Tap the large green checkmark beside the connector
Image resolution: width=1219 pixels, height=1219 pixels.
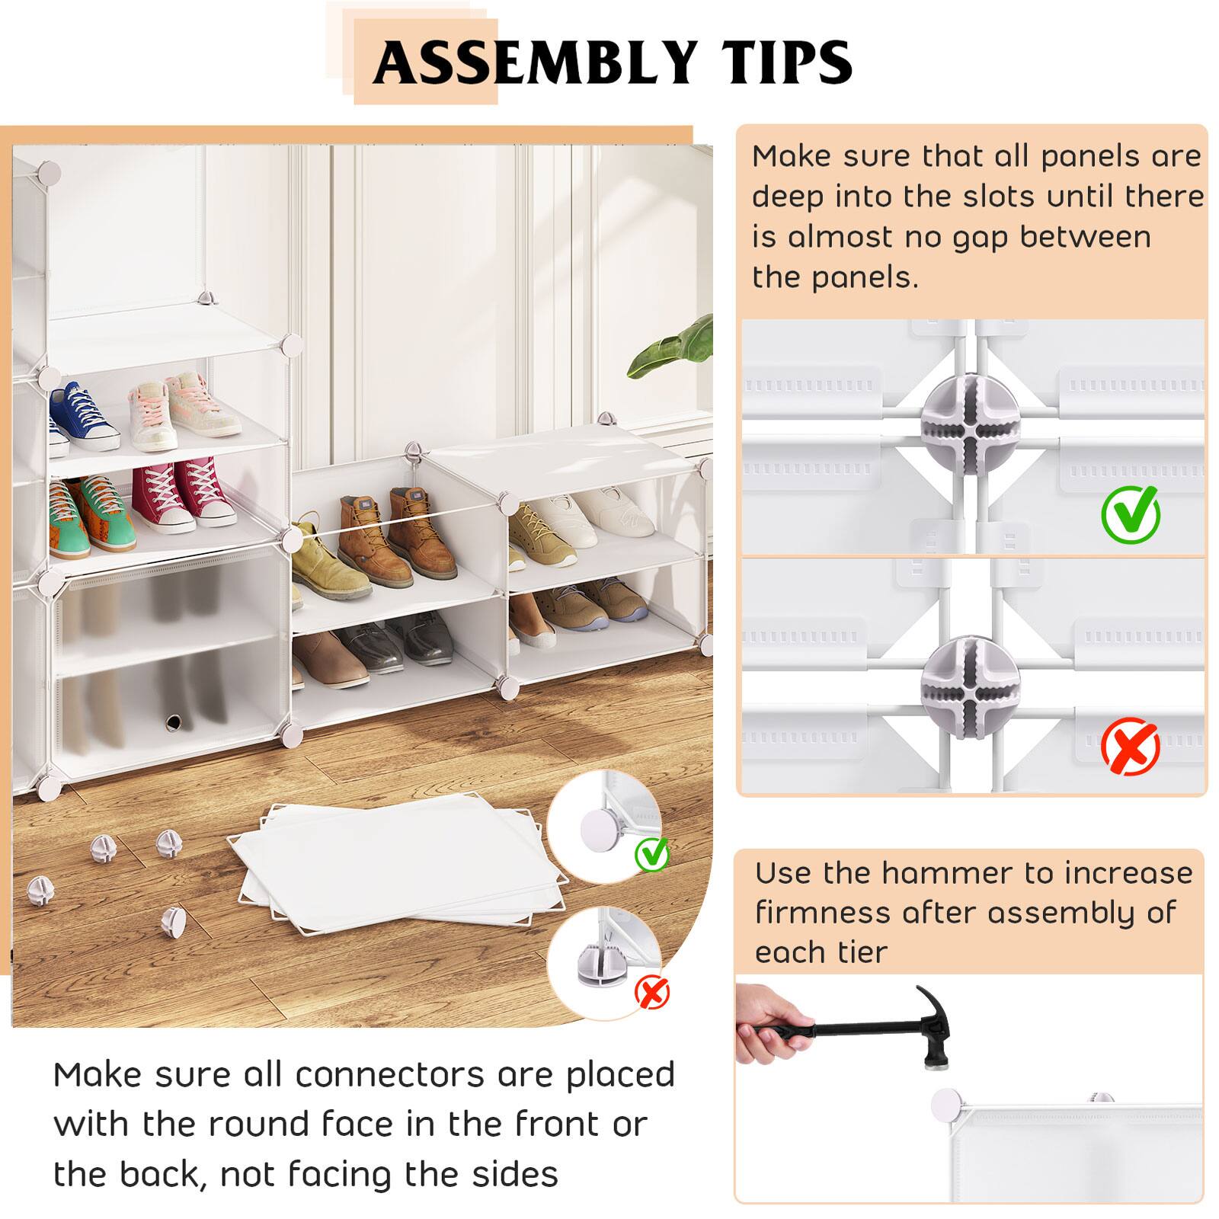1131,514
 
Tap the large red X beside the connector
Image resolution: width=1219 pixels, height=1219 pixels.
1131,747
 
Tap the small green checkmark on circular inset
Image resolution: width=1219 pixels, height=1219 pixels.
652,853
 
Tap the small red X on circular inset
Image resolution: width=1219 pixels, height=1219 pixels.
652,993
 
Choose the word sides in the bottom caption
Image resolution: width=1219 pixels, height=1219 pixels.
515,1174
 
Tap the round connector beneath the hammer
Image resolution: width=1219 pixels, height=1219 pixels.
946,1104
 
